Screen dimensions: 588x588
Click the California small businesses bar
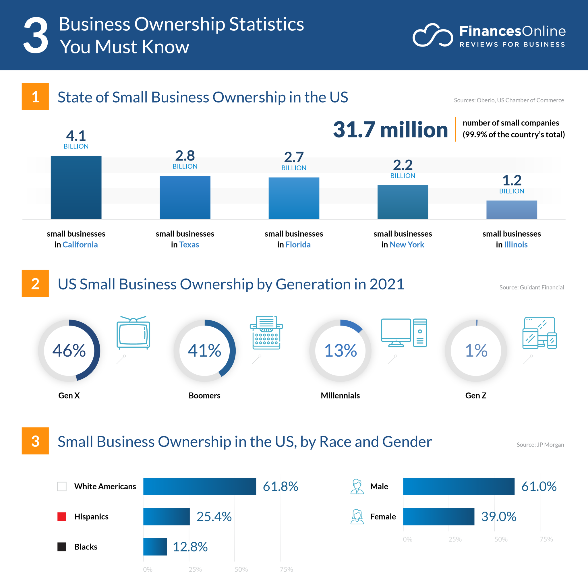click(x=76, y=187)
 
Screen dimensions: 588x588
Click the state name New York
click(x=407, y=244)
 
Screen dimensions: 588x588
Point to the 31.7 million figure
click(x=390, y=130)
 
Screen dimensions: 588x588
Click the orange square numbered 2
click(x=35, y=283)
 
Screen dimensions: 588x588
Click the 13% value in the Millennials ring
click(x=340, y=350)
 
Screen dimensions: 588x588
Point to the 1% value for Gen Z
click(x=476, y=350)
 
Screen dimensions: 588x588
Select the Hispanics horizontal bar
click(x=166, y=516)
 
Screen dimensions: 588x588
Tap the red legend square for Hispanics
click(x=62, y=516)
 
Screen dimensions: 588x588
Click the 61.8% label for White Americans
click(x=280, y=486)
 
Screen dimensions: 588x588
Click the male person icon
click(x=357, y=486)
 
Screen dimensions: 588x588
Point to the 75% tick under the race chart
click(x=286, y=569)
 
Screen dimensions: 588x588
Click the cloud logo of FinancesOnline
click(x=432, y=35)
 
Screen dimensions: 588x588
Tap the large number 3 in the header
click(x=36, y=35)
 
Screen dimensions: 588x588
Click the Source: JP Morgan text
click(x=540, y=444)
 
